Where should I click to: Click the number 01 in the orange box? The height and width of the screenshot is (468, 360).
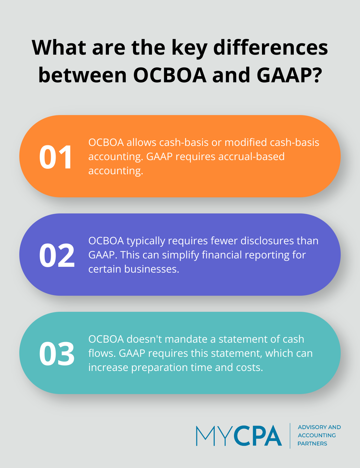point(56,157)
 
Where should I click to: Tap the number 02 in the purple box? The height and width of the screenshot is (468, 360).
point(57,256)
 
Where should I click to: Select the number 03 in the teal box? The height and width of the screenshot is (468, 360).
point(57,354)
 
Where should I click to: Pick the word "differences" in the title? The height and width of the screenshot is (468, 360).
point(271,47)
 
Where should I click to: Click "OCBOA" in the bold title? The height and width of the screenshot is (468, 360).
point(170,75)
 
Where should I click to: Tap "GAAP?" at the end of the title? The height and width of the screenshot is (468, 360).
point(289,75)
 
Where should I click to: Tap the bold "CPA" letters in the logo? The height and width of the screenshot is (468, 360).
point(257,436)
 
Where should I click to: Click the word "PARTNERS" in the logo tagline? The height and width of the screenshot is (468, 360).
point(312,444)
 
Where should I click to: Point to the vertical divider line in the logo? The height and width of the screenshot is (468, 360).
point(290,436)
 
